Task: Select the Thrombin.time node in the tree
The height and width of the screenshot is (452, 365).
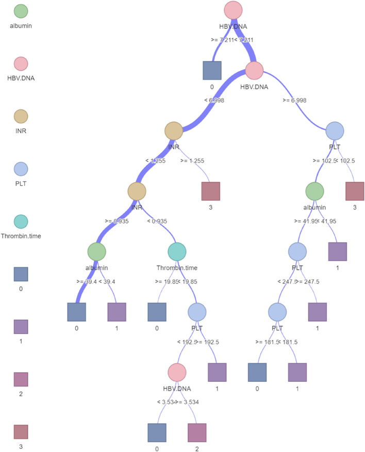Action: (177, 251)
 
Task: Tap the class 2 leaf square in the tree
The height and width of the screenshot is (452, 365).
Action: (197, 432)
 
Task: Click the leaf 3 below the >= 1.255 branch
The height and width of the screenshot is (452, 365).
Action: (210, 191)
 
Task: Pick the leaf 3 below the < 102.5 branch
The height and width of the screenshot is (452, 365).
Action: (355, 191)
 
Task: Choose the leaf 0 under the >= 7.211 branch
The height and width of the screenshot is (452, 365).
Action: (211, 71)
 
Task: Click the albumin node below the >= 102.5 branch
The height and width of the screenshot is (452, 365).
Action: (314, 191)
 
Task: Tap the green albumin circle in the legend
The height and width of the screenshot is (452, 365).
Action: (21, 11)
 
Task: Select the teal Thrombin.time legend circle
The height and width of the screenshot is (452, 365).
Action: (21, 221)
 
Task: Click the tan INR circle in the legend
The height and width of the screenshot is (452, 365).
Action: (21, 116)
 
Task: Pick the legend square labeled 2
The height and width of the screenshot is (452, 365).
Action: (21, 379)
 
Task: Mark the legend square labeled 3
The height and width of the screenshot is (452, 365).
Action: (21, 431)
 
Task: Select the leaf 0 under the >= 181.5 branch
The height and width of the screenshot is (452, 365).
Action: (257, 372)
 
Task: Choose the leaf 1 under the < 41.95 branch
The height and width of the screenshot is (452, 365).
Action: (338, 251)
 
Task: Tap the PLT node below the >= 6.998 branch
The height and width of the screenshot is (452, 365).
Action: (335, 131)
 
